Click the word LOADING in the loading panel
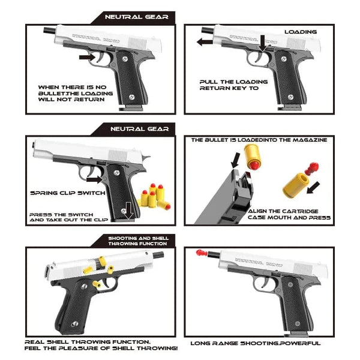pos(300,32)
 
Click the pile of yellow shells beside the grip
pos(152,197)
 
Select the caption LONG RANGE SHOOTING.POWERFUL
pos(255,343)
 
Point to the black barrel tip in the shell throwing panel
pos(162,257)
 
